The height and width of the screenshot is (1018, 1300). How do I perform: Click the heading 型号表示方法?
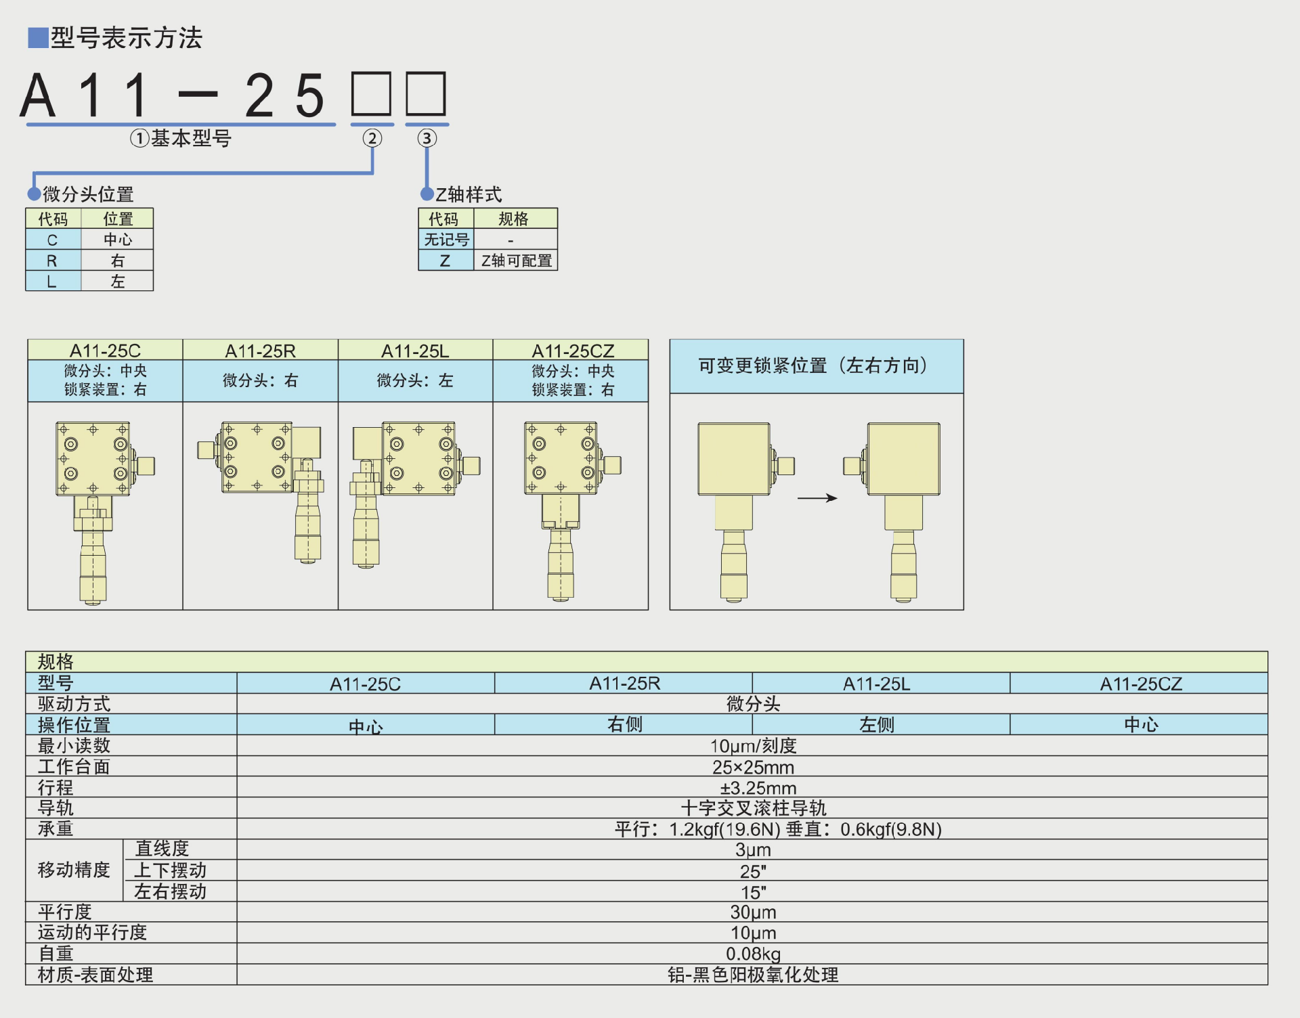click(x=126, y=38)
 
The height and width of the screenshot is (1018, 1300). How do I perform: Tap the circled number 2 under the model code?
click(x=372, y=139)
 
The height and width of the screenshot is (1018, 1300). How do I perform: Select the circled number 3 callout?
click(x=427, y=139)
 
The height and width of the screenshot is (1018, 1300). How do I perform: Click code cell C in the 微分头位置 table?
click(x=53, y=240)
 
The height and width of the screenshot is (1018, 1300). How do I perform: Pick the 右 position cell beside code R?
click(x=118, y=261)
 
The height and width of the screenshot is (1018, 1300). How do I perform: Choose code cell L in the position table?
click(x=53, y=282)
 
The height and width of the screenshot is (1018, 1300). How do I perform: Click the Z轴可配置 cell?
click(x=516, y=261)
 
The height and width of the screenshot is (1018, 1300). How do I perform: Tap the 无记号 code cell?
click(x=446, y=240)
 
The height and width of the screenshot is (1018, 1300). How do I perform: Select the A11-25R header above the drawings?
click(x=260, y=351)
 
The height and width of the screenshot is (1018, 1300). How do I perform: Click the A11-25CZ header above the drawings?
click(x=572, y=351)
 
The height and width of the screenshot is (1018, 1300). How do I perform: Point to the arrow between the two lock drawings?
click(x=817, y=498)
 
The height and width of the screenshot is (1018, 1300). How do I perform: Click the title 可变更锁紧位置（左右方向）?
click(x=816, y=366)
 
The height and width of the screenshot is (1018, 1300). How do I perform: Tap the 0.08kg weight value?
click(x=753, y=954)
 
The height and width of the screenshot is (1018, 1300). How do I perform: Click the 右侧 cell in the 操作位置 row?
click(x=624, y=725)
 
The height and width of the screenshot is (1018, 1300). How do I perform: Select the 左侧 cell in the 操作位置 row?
click(x=877, y=725)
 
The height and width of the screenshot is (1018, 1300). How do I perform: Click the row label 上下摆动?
click(x=170, y=870)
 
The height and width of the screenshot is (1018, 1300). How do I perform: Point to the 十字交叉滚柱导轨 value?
click(x=753, y=809)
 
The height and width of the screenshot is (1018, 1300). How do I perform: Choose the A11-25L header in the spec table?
click(x=877, y=684)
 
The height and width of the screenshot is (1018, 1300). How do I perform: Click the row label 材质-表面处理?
click(x=95, y=975)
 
